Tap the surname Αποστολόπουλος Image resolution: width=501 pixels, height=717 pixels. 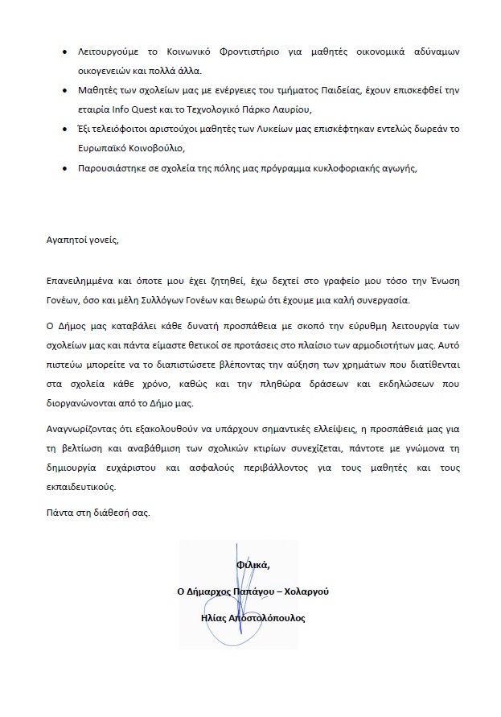pyautogui.click(x=265, y=617)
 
